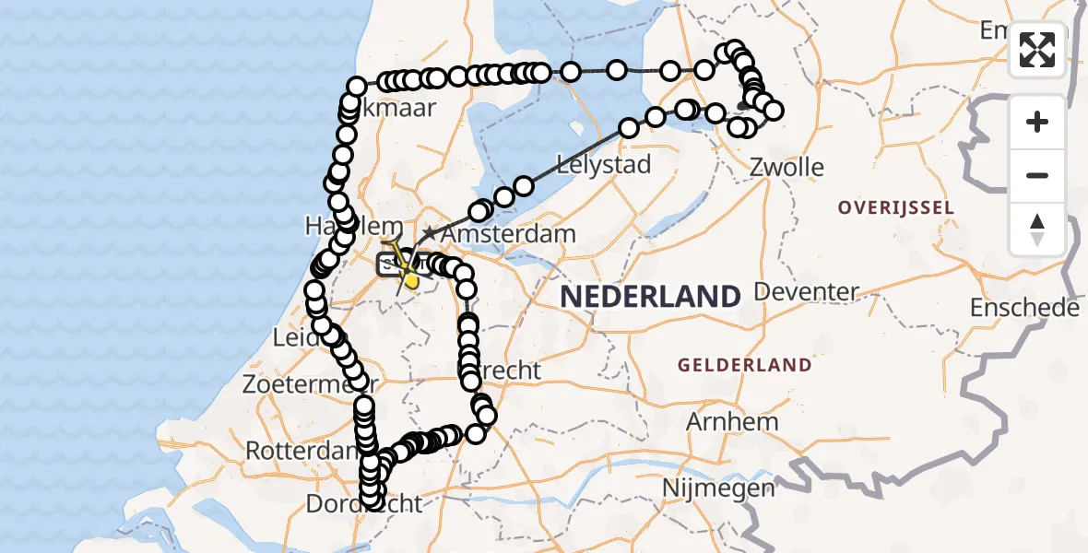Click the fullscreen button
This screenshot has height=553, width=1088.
pyautogui.click(x=1037, y=50)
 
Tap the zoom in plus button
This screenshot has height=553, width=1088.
pyautogui.click(x=1037, y=122)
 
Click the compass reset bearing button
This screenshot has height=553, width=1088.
pyautogui.click(x=1037, y=229)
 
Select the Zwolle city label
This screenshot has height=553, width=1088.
pyautogui.click(x=786, y=168)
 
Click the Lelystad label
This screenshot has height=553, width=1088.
pyautogui.click(x=604, y=165)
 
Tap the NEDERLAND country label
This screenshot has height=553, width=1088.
pyautogui.click(x=651, y=297)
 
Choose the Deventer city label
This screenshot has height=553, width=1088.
pyautogui.click(x=806, y=292)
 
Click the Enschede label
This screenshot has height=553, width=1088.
pyautogui.click(x=1024, y=308)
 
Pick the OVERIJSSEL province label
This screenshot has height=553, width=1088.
pyautogui.click(x=895, y=208)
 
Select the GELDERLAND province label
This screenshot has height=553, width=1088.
pyautogui.click(x=745, y=365)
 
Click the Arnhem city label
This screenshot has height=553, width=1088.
pyautogui.click(x=732, y=421)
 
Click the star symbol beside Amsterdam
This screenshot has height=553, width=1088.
pyautogui.click(x=429, y=234)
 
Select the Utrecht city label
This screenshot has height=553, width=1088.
pyautogui.click(x=507, y=371)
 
